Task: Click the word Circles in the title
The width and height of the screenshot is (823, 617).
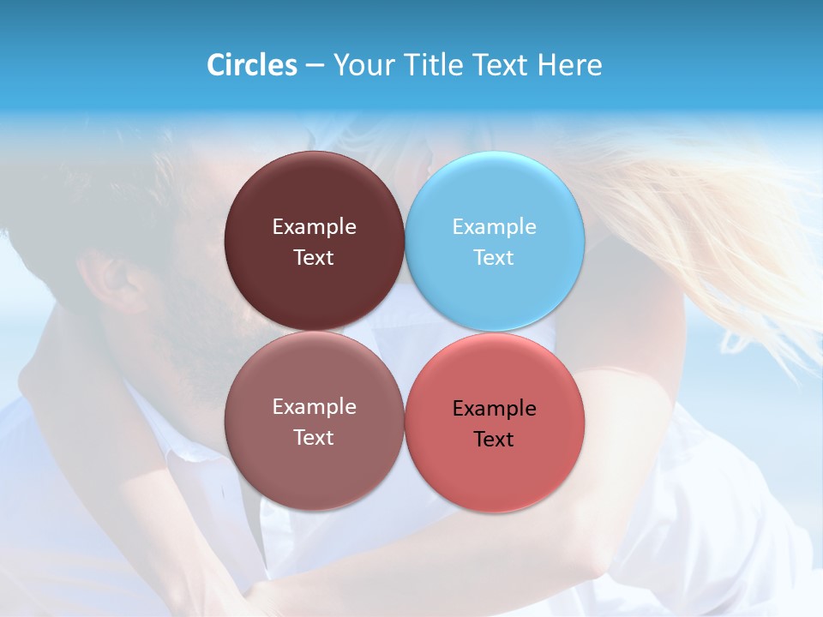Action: point(251,65)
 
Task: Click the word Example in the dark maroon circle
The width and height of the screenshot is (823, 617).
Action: point(314,227)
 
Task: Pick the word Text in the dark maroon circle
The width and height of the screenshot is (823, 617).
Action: point(314,257)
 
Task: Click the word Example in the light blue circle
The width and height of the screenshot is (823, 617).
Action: point(495,227)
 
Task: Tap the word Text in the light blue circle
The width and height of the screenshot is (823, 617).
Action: point(495,257)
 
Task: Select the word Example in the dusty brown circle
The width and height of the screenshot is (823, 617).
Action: point(314,407)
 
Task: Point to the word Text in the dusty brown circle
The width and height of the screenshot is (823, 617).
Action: point(314,437)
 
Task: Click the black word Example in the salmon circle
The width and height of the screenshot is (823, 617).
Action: point(495,409)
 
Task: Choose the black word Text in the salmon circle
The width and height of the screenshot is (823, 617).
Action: point(495,439)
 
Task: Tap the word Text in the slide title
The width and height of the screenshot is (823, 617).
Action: point(501,65)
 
